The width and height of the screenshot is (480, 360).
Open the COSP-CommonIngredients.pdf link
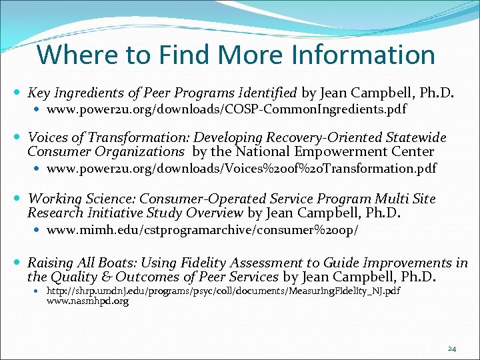click(x=227, y=109)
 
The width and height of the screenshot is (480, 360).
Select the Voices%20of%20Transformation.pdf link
click(x=241, y=169)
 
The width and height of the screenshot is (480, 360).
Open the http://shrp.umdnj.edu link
click(x=223, y=291)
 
